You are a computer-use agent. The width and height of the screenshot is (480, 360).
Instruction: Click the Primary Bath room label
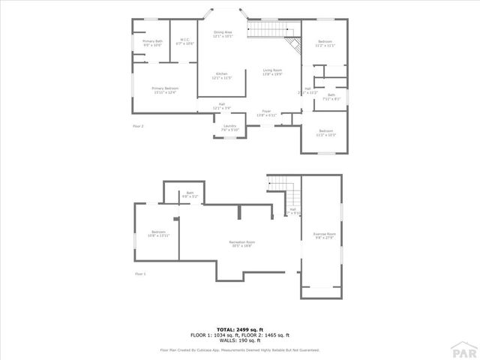152,43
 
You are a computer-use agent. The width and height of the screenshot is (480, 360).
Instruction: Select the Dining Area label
223,34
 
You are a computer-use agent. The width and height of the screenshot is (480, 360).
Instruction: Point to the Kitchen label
222,75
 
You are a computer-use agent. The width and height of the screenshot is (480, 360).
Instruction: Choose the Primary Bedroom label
165,90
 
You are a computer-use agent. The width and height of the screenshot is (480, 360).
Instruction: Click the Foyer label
266,113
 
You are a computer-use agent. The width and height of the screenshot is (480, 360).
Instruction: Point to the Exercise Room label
324,236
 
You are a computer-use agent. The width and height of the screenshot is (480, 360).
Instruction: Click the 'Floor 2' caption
138,126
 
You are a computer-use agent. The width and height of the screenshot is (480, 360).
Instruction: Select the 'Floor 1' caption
140,274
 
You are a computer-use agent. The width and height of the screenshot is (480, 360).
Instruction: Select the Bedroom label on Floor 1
158,233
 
